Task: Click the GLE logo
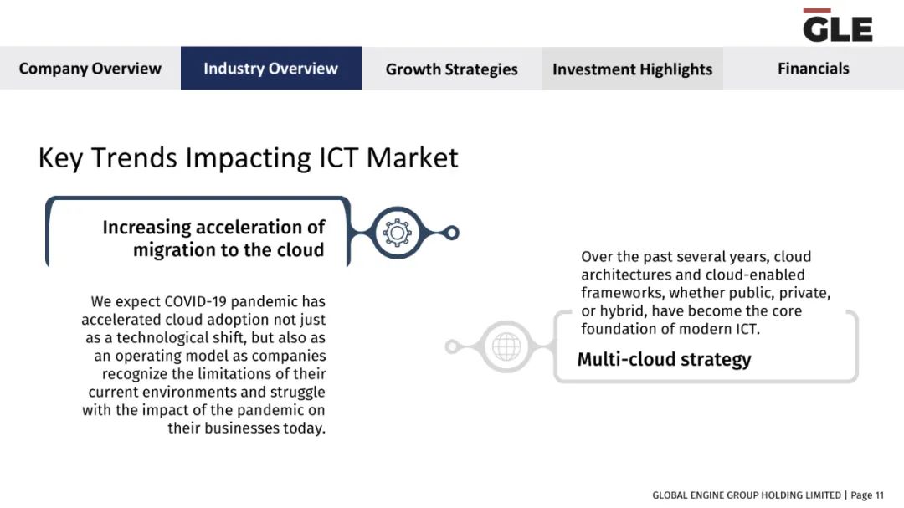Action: [837, 25]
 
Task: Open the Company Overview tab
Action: [90, 68]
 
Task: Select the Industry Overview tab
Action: [271, 68]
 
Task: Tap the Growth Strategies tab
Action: [452, 69]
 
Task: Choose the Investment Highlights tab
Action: [633, 69]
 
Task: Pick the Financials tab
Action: [814, 68]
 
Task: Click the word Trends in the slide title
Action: [134, 157]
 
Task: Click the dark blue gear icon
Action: [398, 233]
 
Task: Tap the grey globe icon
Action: [506, 346]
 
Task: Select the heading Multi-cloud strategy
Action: [664, 359]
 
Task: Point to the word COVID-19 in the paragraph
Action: [194, 301]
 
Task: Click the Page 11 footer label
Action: [867, 495]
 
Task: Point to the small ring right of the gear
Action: [452, 233]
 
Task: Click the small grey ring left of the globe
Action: [453, 346]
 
